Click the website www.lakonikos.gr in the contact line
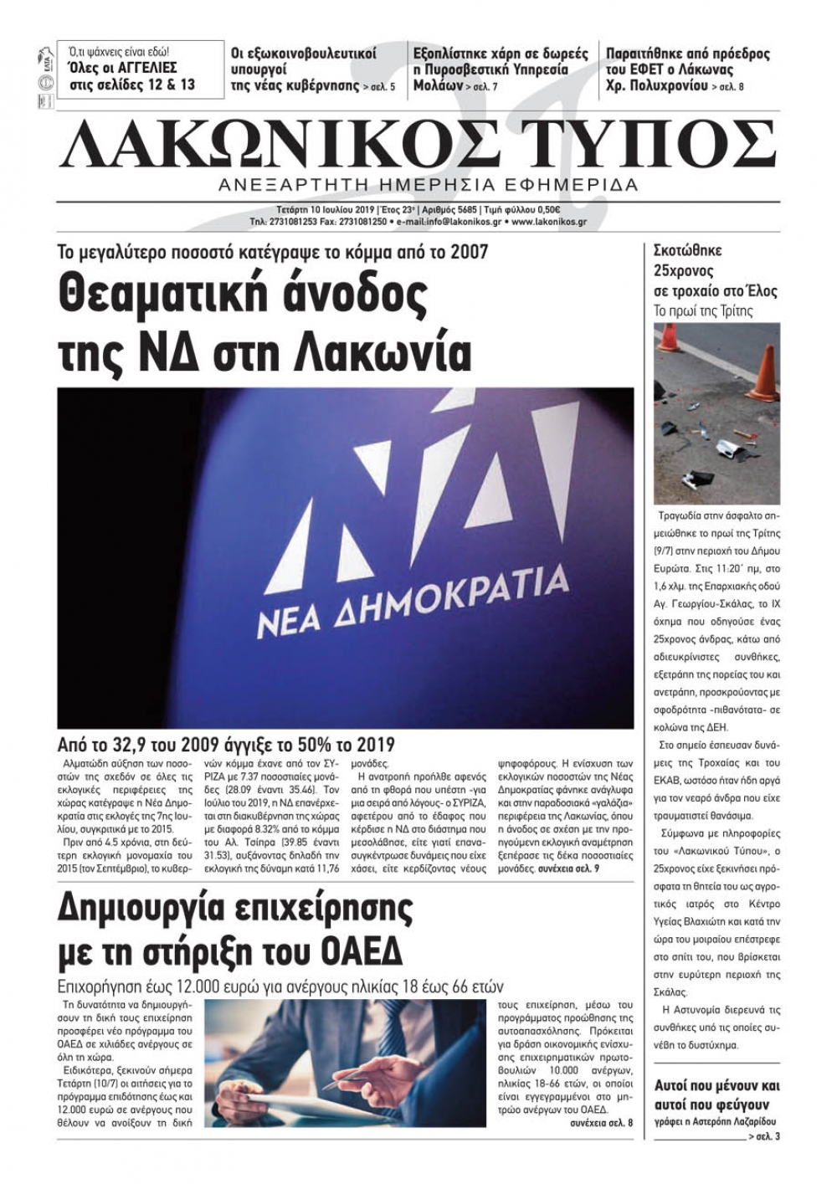coord(548,223)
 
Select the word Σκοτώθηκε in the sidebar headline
coord(687,250)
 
